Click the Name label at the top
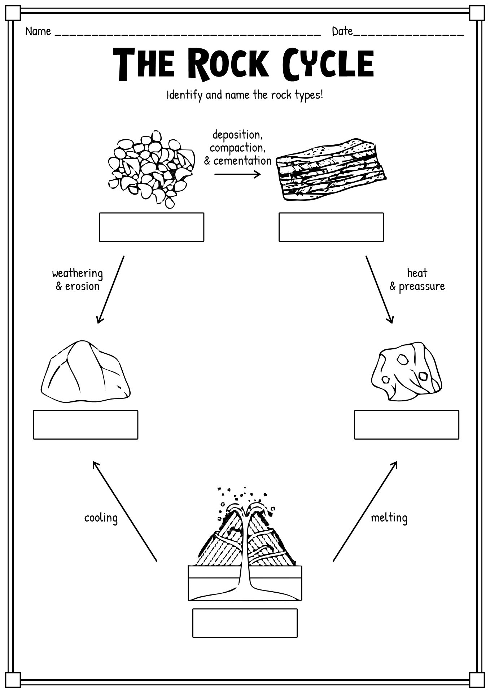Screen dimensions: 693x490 pyautogui.click(x=38, y=32)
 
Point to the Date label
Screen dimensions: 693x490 pyautogui.click(x=342, y=32)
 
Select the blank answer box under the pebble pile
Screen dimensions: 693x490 pyautogui.click(x=152, y=227)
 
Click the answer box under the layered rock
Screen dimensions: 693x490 pyautogui.click(x=331, y=227)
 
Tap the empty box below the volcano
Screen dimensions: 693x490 pyautogui.click(x=245, y=623)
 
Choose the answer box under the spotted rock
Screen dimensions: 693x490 pyautogui.click(x=406, y=424)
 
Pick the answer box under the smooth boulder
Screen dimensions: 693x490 pyautogui.click(x=86, y=424)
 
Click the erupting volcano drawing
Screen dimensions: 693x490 pyautogui.click(x=245, y=541)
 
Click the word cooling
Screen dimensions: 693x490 pyautogui.click(x=101, y=518)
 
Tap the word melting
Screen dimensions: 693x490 pyautogui.click(x=389, y=518)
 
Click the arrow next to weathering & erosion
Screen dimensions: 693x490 pyautogui.click(x=111, y=289)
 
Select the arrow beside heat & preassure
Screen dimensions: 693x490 pyautogui.click(x=379, y=289)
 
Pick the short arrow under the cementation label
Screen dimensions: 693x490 pyautogui.click(x=237, y=175)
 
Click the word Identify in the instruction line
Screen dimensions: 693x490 pyautogui.click(x=184, y=95)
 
